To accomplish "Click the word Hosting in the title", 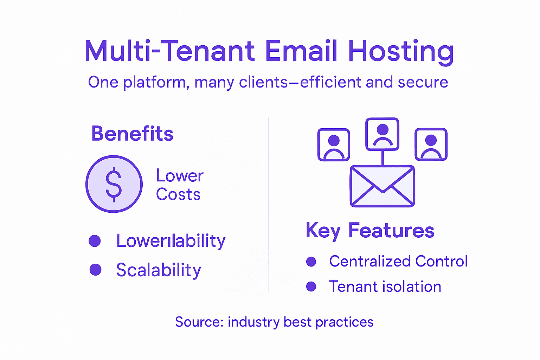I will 401,52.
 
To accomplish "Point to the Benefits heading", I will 132,134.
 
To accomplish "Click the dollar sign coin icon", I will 114,184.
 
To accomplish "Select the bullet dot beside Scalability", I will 95,270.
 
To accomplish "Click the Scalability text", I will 159,270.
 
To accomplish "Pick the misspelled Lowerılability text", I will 171,241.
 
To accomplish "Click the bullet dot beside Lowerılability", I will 95,241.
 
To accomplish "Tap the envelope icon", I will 382,186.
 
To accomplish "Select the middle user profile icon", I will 382,134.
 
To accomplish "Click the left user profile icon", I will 334,144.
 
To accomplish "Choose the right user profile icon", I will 431,144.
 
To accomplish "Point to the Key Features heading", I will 370,231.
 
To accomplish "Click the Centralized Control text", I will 398,261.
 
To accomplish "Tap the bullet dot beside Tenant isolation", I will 311,287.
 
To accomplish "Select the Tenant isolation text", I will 385,287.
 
